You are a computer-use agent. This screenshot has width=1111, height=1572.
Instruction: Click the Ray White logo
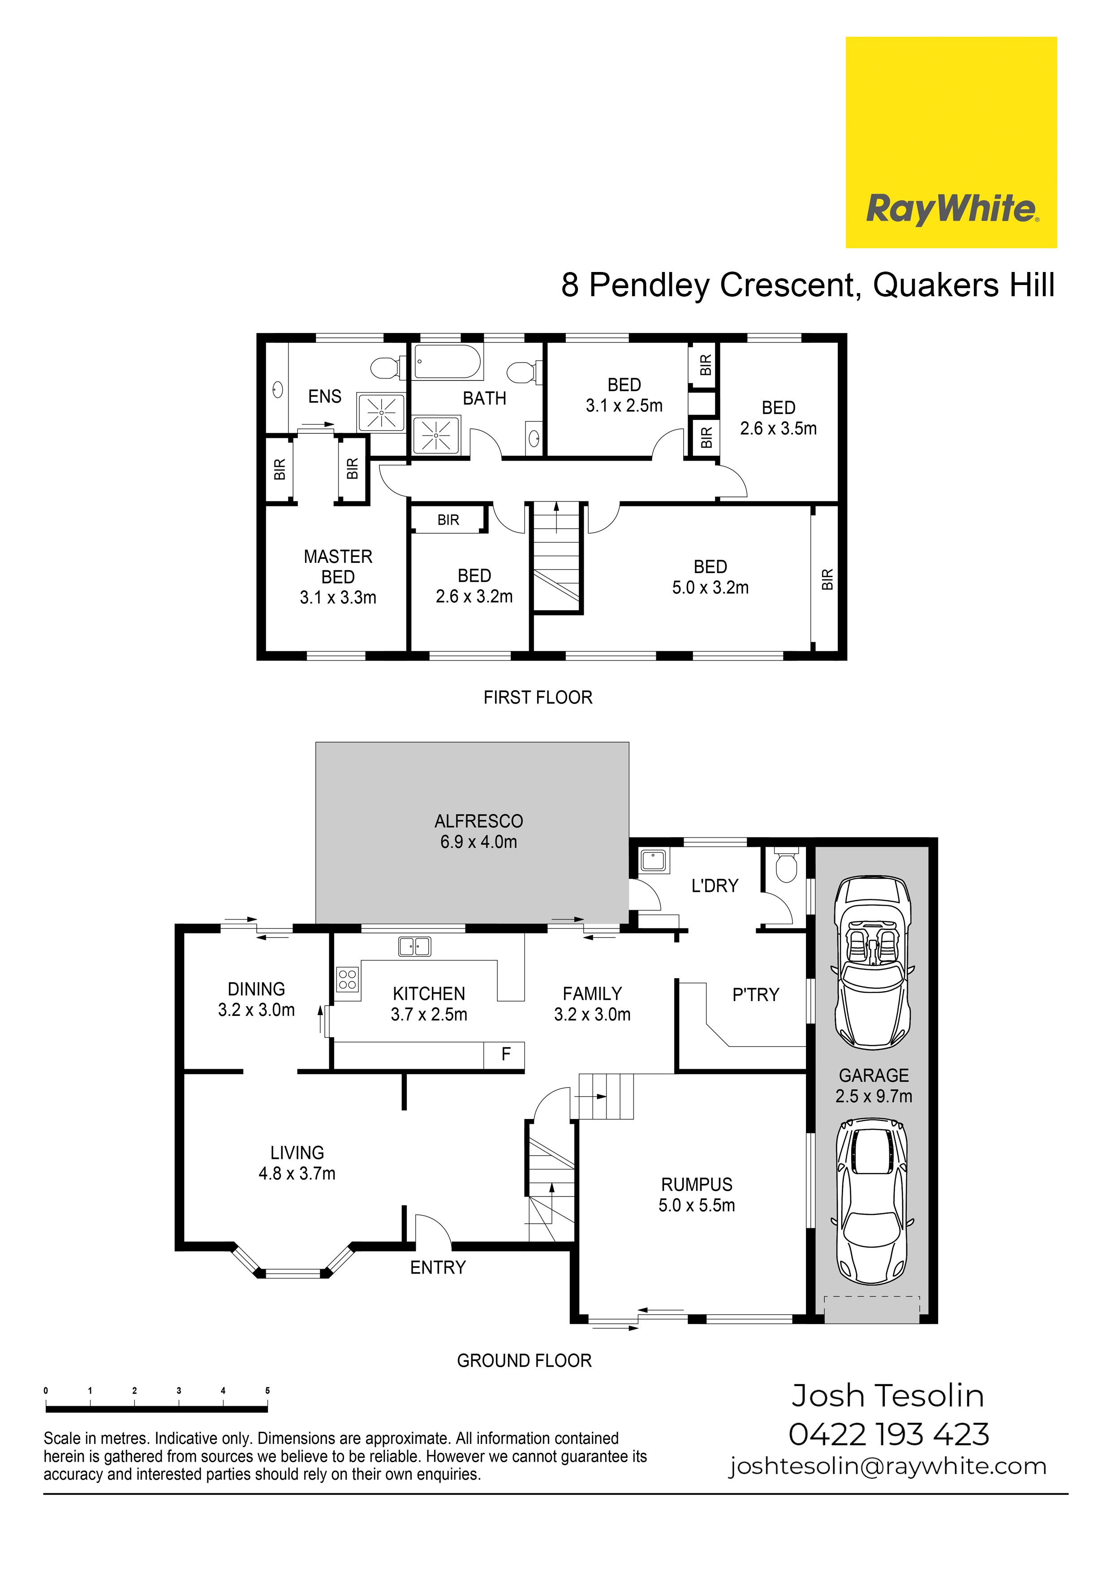951,143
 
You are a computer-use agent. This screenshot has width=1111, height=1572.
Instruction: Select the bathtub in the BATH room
448,362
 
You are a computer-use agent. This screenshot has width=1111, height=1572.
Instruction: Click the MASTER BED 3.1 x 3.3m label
338,577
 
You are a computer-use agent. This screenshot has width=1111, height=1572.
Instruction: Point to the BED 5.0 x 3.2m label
711,577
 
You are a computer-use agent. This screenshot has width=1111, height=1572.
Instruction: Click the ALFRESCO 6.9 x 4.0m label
478,831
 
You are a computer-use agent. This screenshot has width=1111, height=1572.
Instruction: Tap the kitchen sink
415,946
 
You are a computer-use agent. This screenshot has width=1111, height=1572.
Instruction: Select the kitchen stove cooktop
348,980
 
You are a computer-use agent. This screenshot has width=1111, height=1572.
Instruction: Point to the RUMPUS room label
697,1184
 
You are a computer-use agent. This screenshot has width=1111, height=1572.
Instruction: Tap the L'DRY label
715,886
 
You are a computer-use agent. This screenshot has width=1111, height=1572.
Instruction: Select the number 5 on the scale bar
267,1391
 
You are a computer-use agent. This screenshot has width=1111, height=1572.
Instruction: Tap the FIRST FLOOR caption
538,698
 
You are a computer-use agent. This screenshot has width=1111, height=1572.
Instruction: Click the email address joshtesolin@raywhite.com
888,1467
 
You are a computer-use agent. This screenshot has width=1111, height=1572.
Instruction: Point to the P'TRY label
756,995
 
